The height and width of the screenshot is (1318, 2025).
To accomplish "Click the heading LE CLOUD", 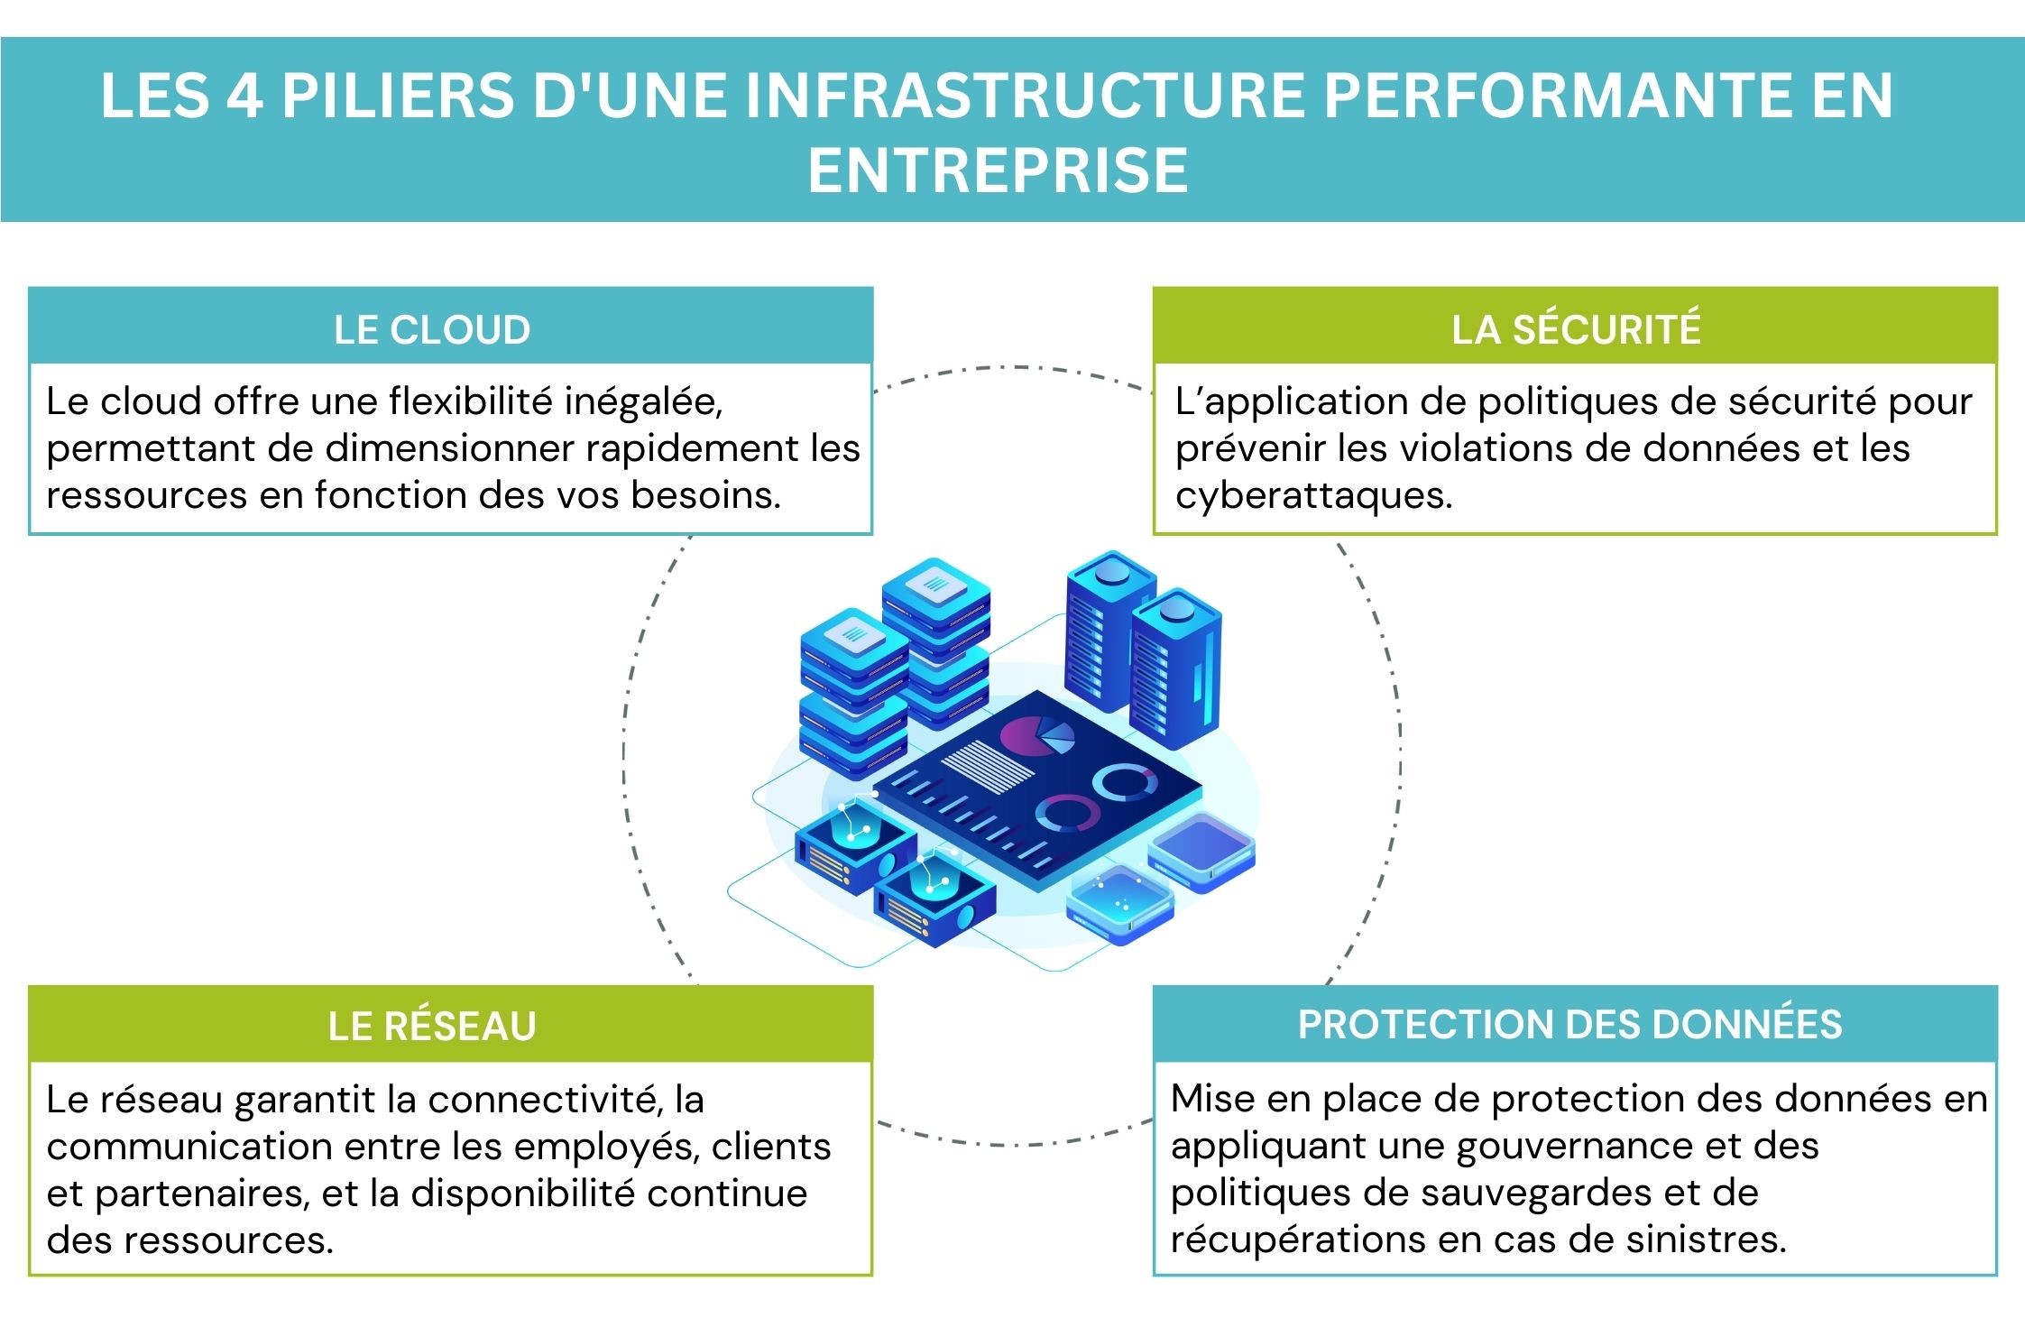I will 432,329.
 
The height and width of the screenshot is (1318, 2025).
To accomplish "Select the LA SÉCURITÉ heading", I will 1575,329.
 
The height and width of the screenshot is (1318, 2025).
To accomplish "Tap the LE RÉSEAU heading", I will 432,1026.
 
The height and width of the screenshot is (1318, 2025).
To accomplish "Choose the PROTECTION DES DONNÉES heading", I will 1569,1024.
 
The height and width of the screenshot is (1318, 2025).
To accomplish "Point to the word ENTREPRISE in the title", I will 998,170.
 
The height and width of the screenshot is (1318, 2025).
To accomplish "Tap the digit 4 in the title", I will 244,96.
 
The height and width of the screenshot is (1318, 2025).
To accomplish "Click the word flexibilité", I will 470,401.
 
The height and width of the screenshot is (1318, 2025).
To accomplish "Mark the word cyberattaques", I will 1313,495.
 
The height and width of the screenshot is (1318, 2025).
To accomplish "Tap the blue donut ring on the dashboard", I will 1125,783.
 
